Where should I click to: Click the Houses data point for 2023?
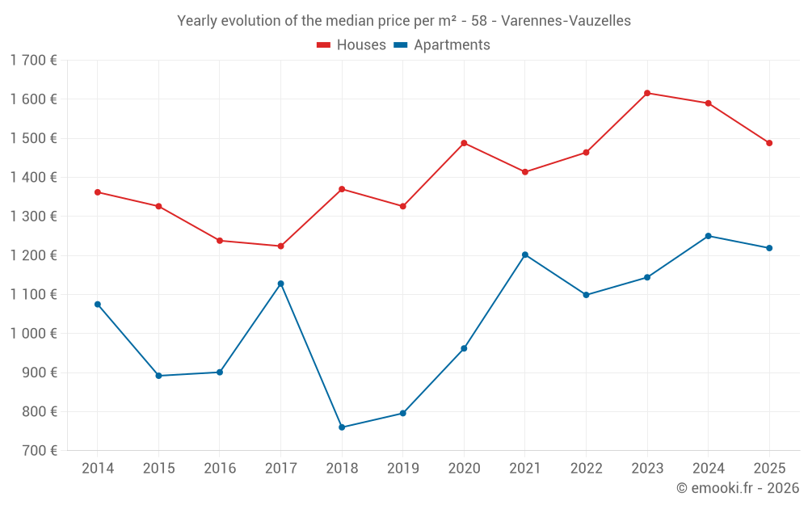[x=647, y=93]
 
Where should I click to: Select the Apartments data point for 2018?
[x=342, y=427]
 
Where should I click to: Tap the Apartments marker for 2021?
[x=525, y=255]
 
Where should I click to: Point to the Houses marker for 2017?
[x=280, y=246]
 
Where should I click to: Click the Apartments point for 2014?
[x=98, y=305]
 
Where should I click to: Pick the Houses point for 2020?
[x=464, y=143]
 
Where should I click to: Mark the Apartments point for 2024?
[x=709, y=236]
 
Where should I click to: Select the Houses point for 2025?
[x=769, y=143]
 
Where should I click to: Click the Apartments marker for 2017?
[x=280, y=284]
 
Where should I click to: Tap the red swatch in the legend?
[x=324, y=45]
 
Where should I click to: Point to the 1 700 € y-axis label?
[x=33, y=60]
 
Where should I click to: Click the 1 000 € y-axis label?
[x=33, y=334]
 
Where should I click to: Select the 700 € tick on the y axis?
[x=38, y=451]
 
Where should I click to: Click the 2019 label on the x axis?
[x=402, y=469]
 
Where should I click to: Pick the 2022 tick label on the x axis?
[x=586, y=469]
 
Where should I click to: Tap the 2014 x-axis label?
[x=98, y=469]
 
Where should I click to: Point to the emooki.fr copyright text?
[x=738, y=488]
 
